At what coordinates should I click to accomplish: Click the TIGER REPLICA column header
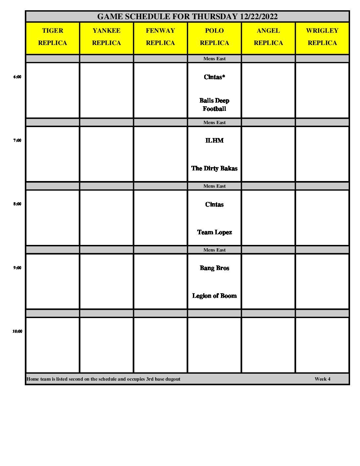[x=53, y=37]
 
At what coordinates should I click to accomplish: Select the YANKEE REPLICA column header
[x=107, y=37]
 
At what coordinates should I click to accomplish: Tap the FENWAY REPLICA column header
[x=160, y=37]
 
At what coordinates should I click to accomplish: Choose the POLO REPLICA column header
[x=214, y=37]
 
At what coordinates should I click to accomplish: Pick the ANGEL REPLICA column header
[x=268, y=37]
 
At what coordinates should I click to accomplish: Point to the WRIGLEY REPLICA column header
[x=322, y=37]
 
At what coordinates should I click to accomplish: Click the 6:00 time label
[x=17, y=77]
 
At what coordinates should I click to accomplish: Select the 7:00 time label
[x=17, y=140]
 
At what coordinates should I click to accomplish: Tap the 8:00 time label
[x=17, y=204]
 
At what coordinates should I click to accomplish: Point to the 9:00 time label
[x=17, y=268]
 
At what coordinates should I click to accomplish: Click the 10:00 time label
[x=17, y=331]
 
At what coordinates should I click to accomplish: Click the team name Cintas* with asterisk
[x=214, y=77]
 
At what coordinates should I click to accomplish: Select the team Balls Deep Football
[x=214, y=105]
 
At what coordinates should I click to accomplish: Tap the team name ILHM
[x=214, y=141]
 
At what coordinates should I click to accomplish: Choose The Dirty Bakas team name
[x=214, y=168]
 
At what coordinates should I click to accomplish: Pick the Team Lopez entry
[x=214, y=232]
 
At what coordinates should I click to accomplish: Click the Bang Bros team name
[x=214, y=268]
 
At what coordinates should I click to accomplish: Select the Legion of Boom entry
[x=214, y=296]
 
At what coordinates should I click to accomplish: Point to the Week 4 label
[x=322, y=379]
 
